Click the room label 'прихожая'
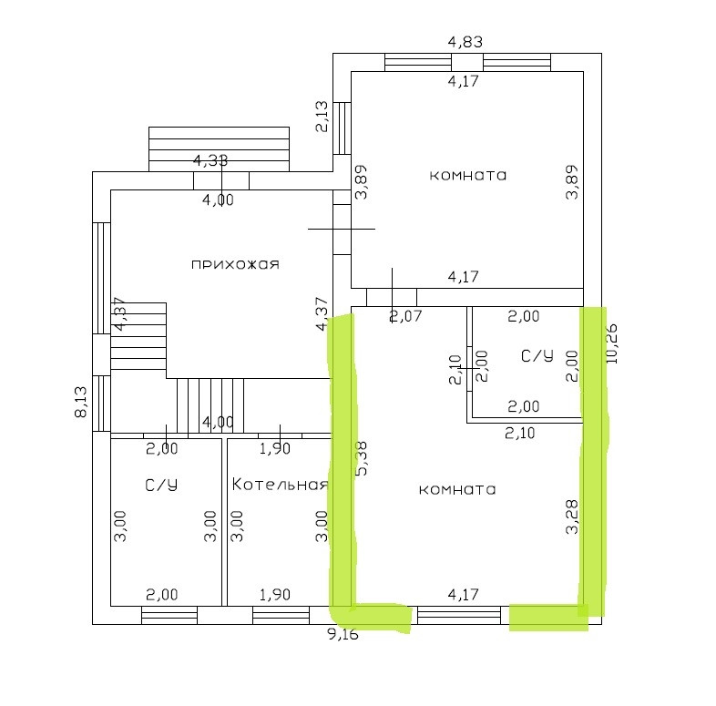(234, 265)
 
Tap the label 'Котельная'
(279, 484)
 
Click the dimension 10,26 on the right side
(611, 343)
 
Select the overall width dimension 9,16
(343, 635)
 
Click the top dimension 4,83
(465, 41)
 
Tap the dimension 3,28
(572, 516)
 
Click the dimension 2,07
(406, 317)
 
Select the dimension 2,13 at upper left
(322, 117)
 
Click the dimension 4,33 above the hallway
(210, 161)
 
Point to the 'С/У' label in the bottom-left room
(160, 486)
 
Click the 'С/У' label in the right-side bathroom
(537, 355)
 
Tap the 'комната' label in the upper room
(468, 175)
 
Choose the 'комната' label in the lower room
(457, 489)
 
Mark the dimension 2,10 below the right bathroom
(519, 434)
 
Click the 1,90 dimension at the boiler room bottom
(274, 595)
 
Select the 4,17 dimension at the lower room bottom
(465, 595)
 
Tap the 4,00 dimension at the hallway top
(217, 200)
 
